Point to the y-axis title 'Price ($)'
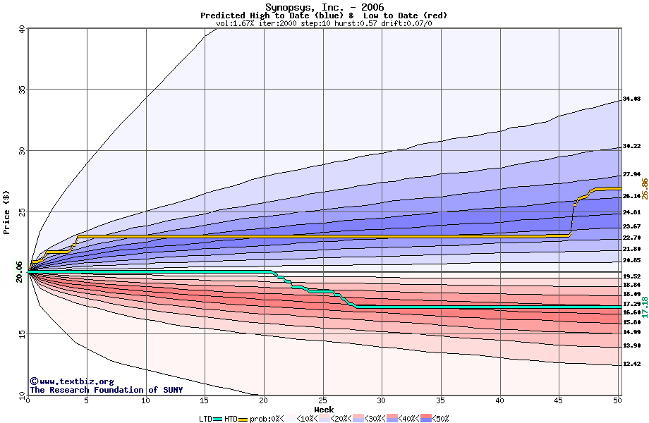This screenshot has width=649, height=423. [7, 212]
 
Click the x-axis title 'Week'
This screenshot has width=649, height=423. [324, 409]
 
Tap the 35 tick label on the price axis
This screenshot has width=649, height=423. [20, 90]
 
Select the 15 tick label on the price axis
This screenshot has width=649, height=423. [20, 334]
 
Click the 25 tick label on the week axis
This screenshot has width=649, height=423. [323, 400]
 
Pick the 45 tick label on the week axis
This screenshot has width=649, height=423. [559, 400]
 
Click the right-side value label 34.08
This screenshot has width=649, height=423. [631, 99]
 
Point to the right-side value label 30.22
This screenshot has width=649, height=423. [631, 147]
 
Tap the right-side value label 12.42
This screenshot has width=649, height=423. [631, 364]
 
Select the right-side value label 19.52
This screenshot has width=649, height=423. [631, 277]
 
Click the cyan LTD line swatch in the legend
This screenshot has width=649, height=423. [217, 419]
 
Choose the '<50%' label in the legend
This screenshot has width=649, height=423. [439, 419]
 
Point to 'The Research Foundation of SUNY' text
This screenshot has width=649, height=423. [106, 390]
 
